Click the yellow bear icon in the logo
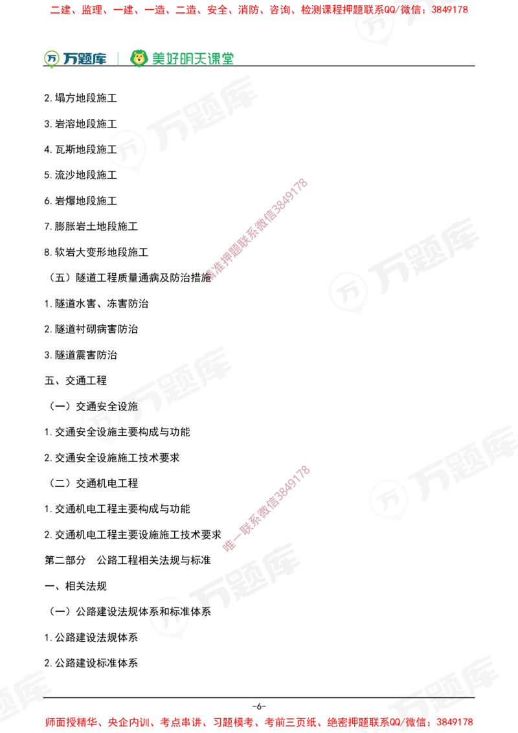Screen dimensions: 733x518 (138, 58)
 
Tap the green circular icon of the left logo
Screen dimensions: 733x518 (51, 58)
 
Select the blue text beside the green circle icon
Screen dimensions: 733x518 (84, 59)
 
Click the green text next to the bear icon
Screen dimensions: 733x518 (192, 58)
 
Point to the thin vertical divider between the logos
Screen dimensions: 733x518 (117, 57)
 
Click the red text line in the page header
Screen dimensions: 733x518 (259, 10)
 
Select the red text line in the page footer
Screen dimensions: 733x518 (259, 721)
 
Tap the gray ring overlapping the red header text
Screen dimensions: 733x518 (375, 23)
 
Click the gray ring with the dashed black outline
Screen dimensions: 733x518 (101, 420)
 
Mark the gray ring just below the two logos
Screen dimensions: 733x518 (128, 149)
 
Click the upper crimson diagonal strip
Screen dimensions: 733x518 (256, 230)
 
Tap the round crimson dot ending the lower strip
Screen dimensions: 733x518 (229, 545)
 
